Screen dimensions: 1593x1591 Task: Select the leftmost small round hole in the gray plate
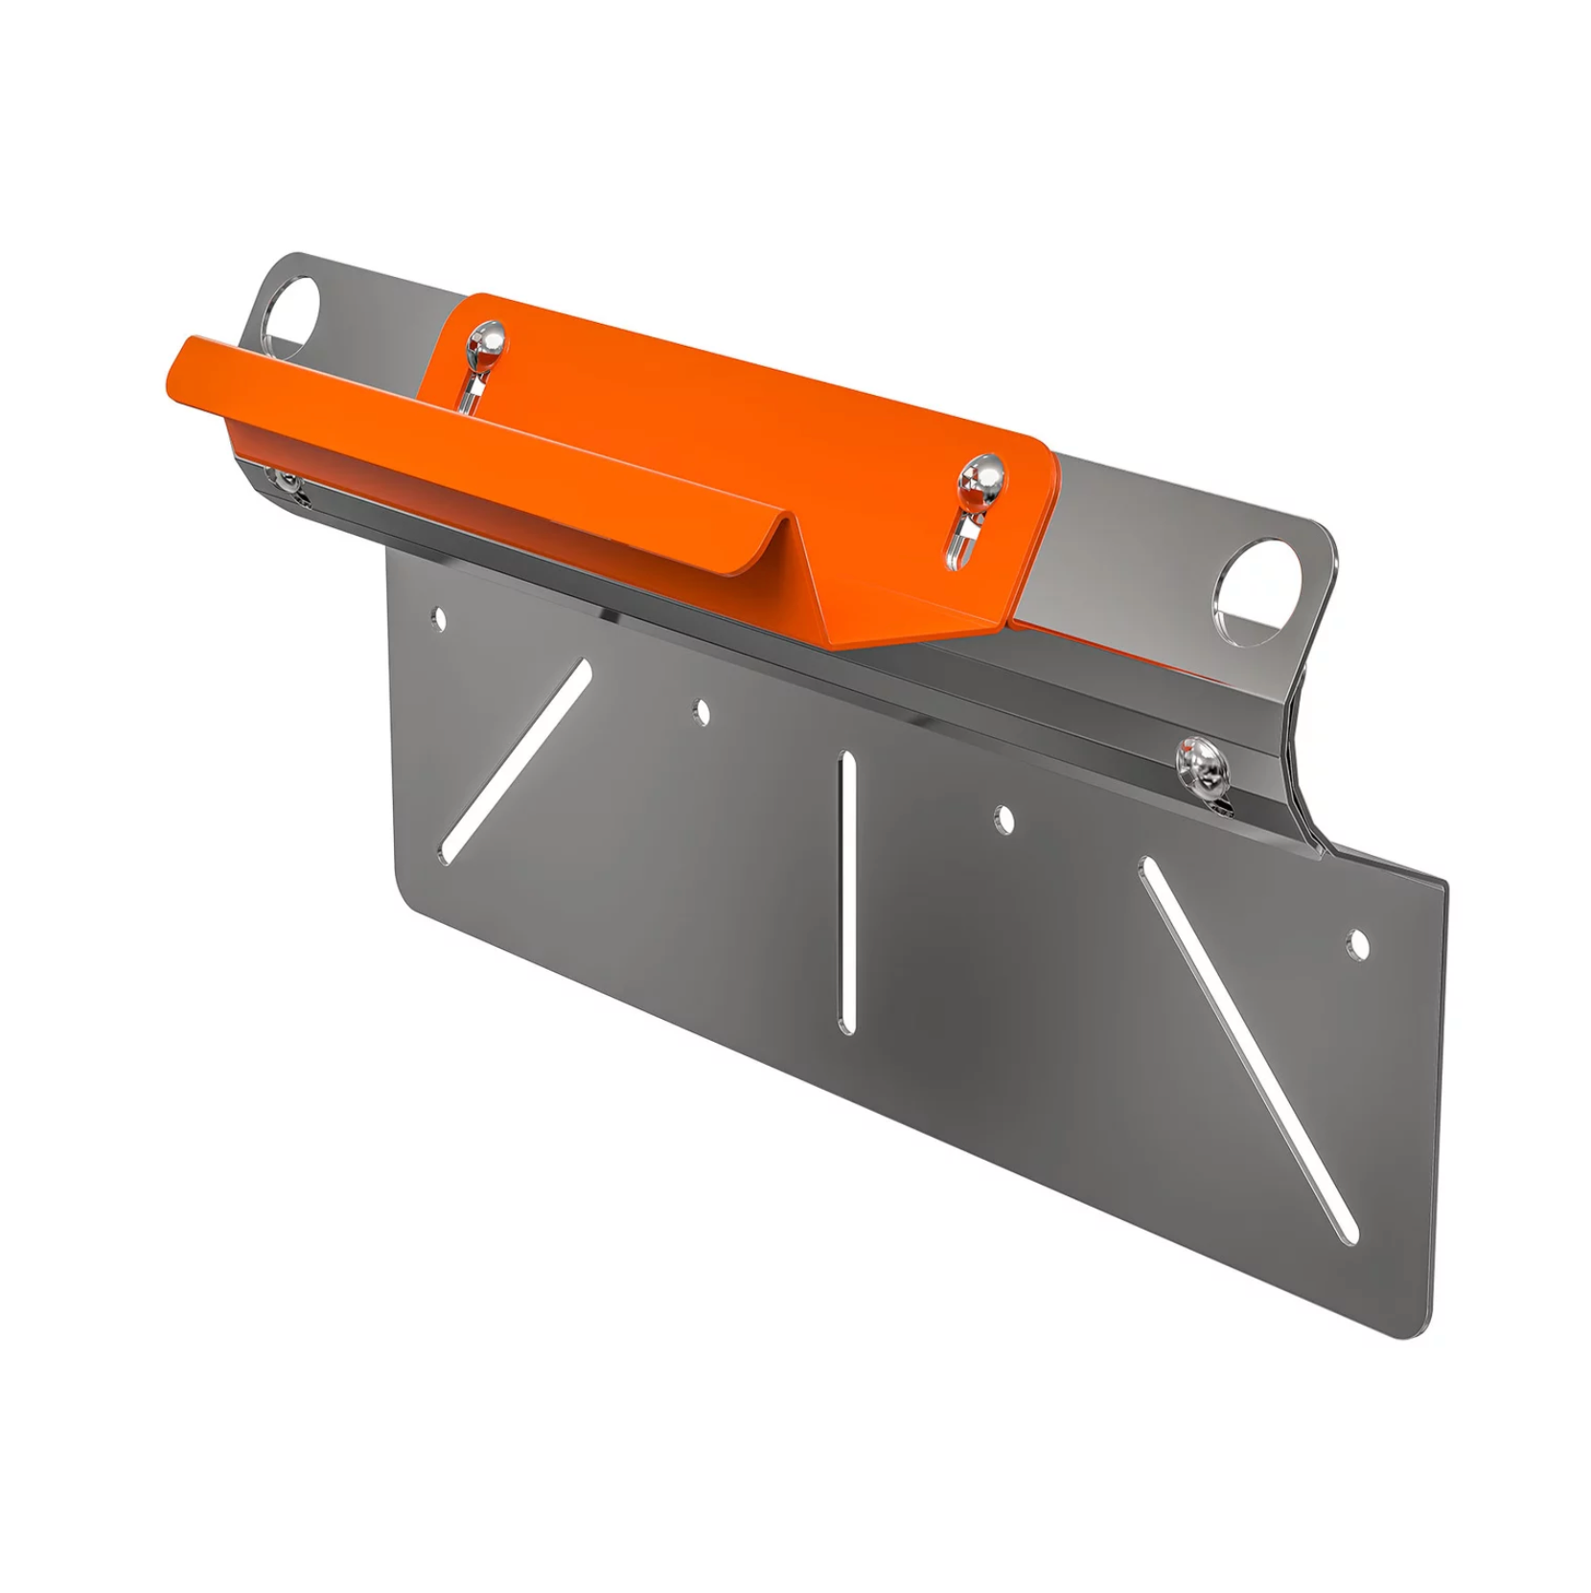click(440, 618)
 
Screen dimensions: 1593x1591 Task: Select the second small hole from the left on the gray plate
click(703, 712)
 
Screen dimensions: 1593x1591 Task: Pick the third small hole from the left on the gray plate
click(1004, 819)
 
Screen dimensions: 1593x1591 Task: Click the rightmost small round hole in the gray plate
click(1357, 943)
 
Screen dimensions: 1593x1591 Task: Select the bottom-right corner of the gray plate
click(1430, 1332)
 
